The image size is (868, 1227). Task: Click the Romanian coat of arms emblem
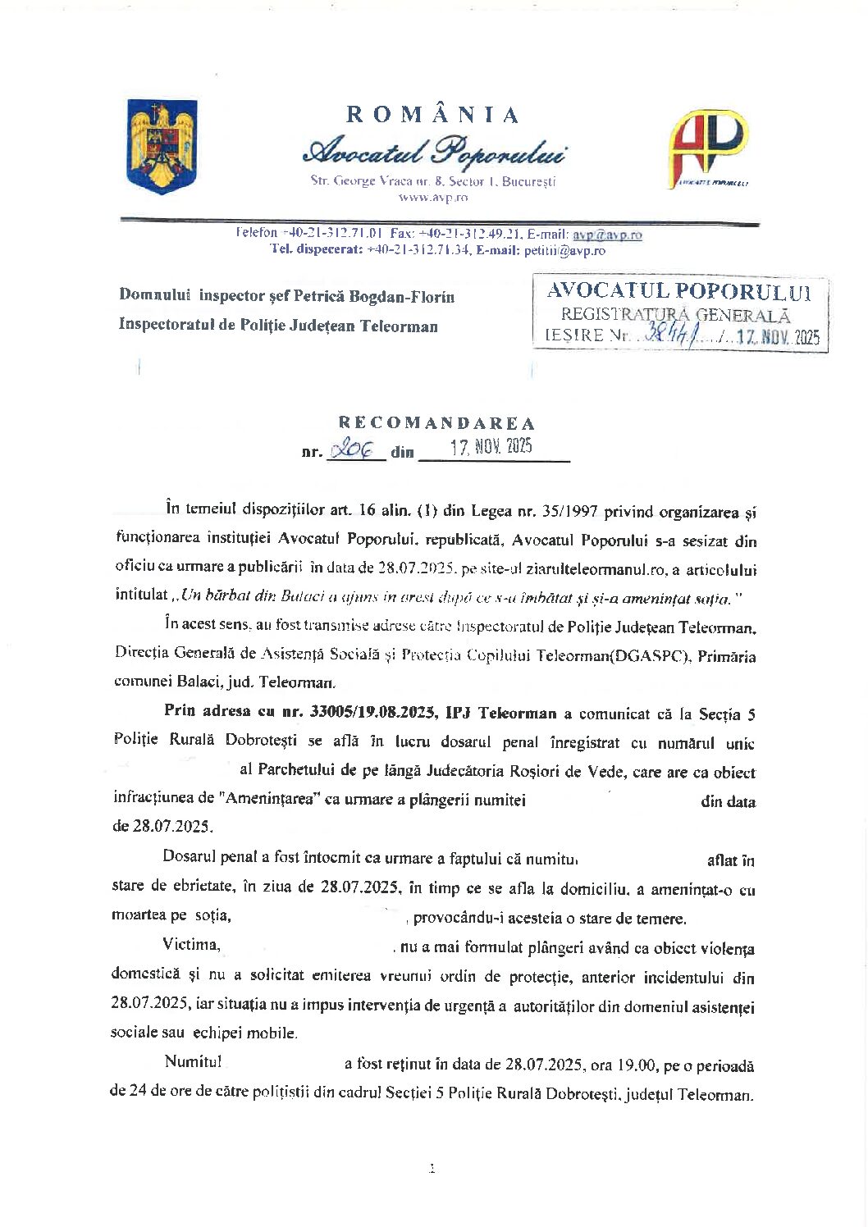coord(162,147)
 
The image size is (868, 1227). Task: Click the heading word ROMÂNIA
coord(433,115)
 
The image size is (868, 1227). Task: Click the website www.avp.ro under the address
coord(433,198)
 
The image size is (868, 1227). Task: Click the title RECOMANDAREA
coord(436,423)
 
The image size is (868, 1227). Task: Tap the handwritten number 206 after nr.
coord(350,449)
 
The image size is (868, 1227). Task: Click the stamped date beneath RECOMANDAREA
coord(491,448)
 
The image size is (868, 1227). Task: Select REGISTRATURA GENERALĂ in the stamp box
coord(675,314)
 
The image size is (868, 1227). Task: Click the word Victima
coord(191,945)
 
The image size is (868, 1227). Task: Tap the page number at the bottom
coord(432,1169)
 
